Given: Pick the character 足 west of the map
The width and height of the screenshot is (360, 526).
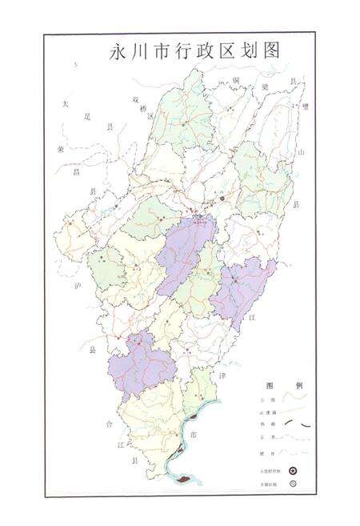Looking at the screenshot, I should coord(88,115).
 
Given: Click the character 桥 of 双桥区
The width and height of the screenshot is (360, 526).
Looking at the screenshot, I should coord(142,109).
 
